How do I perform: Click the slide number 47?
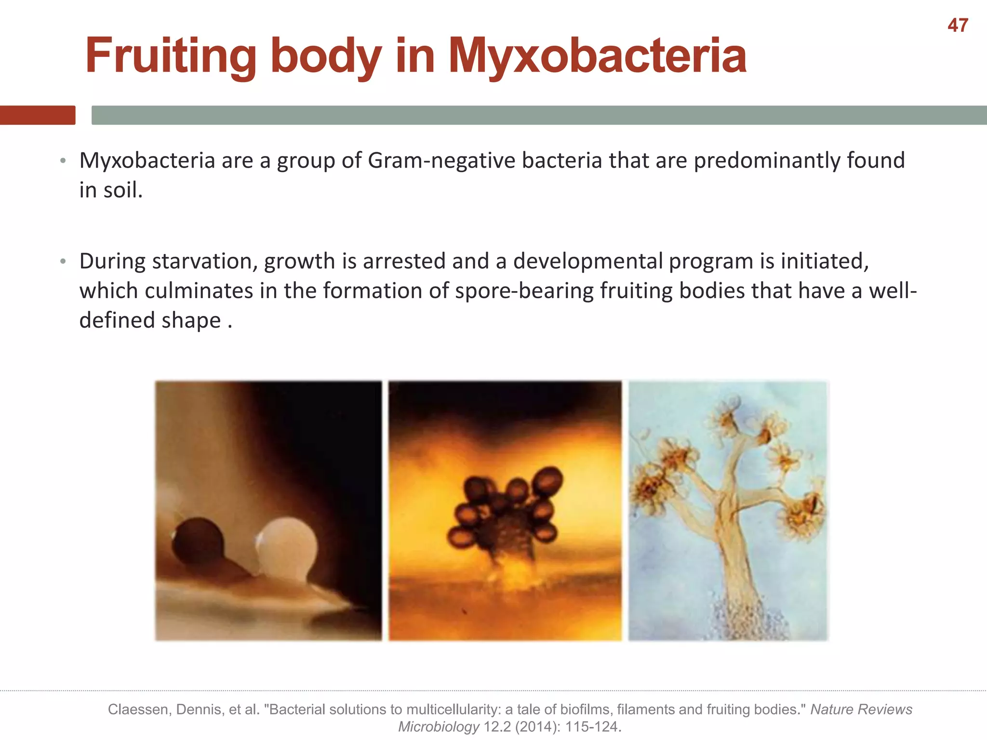coord(958,26)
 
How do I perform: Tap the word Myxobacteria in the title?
coord(598,56)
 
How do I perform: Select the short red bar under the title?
coord(38,115)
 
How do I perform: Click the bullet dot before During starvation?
coord(63,262)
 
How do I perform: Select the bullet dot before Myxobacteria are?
coord(63,161)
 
